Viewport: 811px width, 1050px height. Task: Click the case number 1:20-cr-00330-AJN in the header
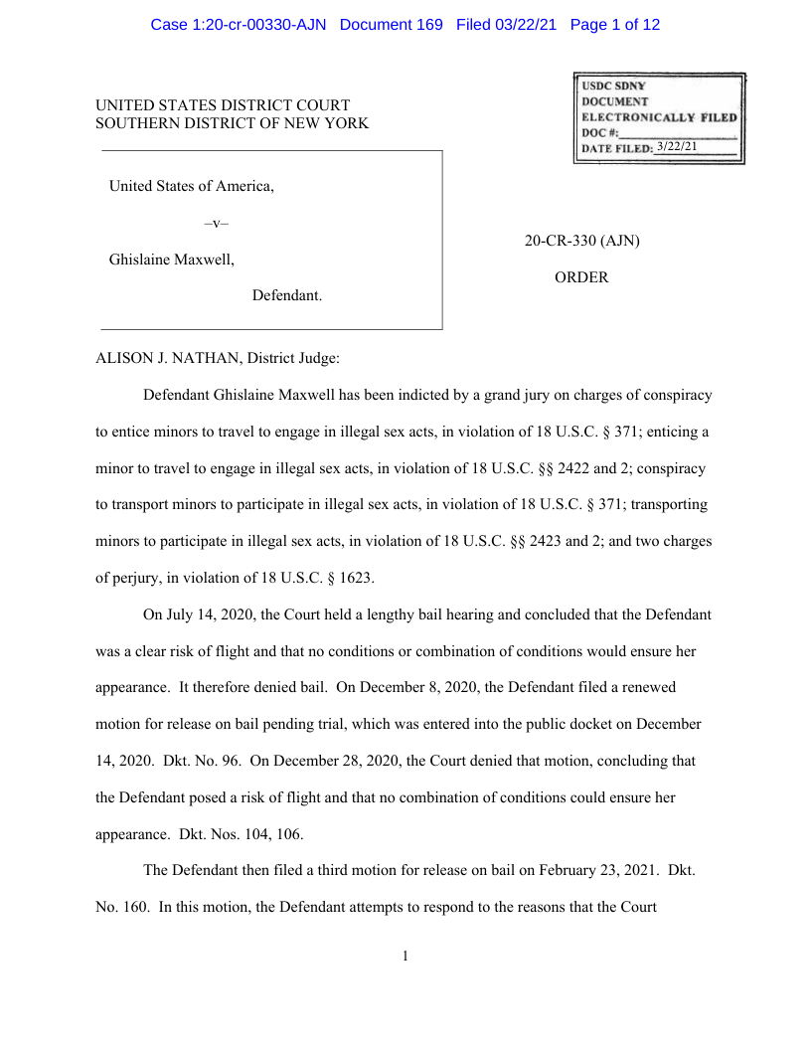(x=238, y=25)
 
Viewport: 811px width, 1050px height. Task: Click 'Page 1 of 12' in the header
(x=614, y=25)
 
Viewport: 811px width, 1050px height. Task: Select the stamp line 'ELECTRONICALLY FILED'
(x=659, y=117)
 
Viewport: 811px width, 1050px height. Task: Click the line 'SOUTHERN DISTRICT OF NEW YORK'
(x=232, y=123)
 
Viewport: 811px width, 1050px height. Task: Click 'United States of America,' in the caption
(x=191, y=186)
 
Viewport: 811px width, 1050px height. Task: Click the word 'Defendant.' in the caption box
(x=286, y=295)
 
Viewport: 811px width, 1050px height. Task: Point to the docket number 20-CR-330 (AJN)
(x=581, y=242)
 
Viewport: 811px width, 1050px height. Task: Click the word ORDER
(x=581, y=278)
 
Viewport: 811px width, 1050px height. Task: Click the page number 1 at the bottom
(x=405, y=957)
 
